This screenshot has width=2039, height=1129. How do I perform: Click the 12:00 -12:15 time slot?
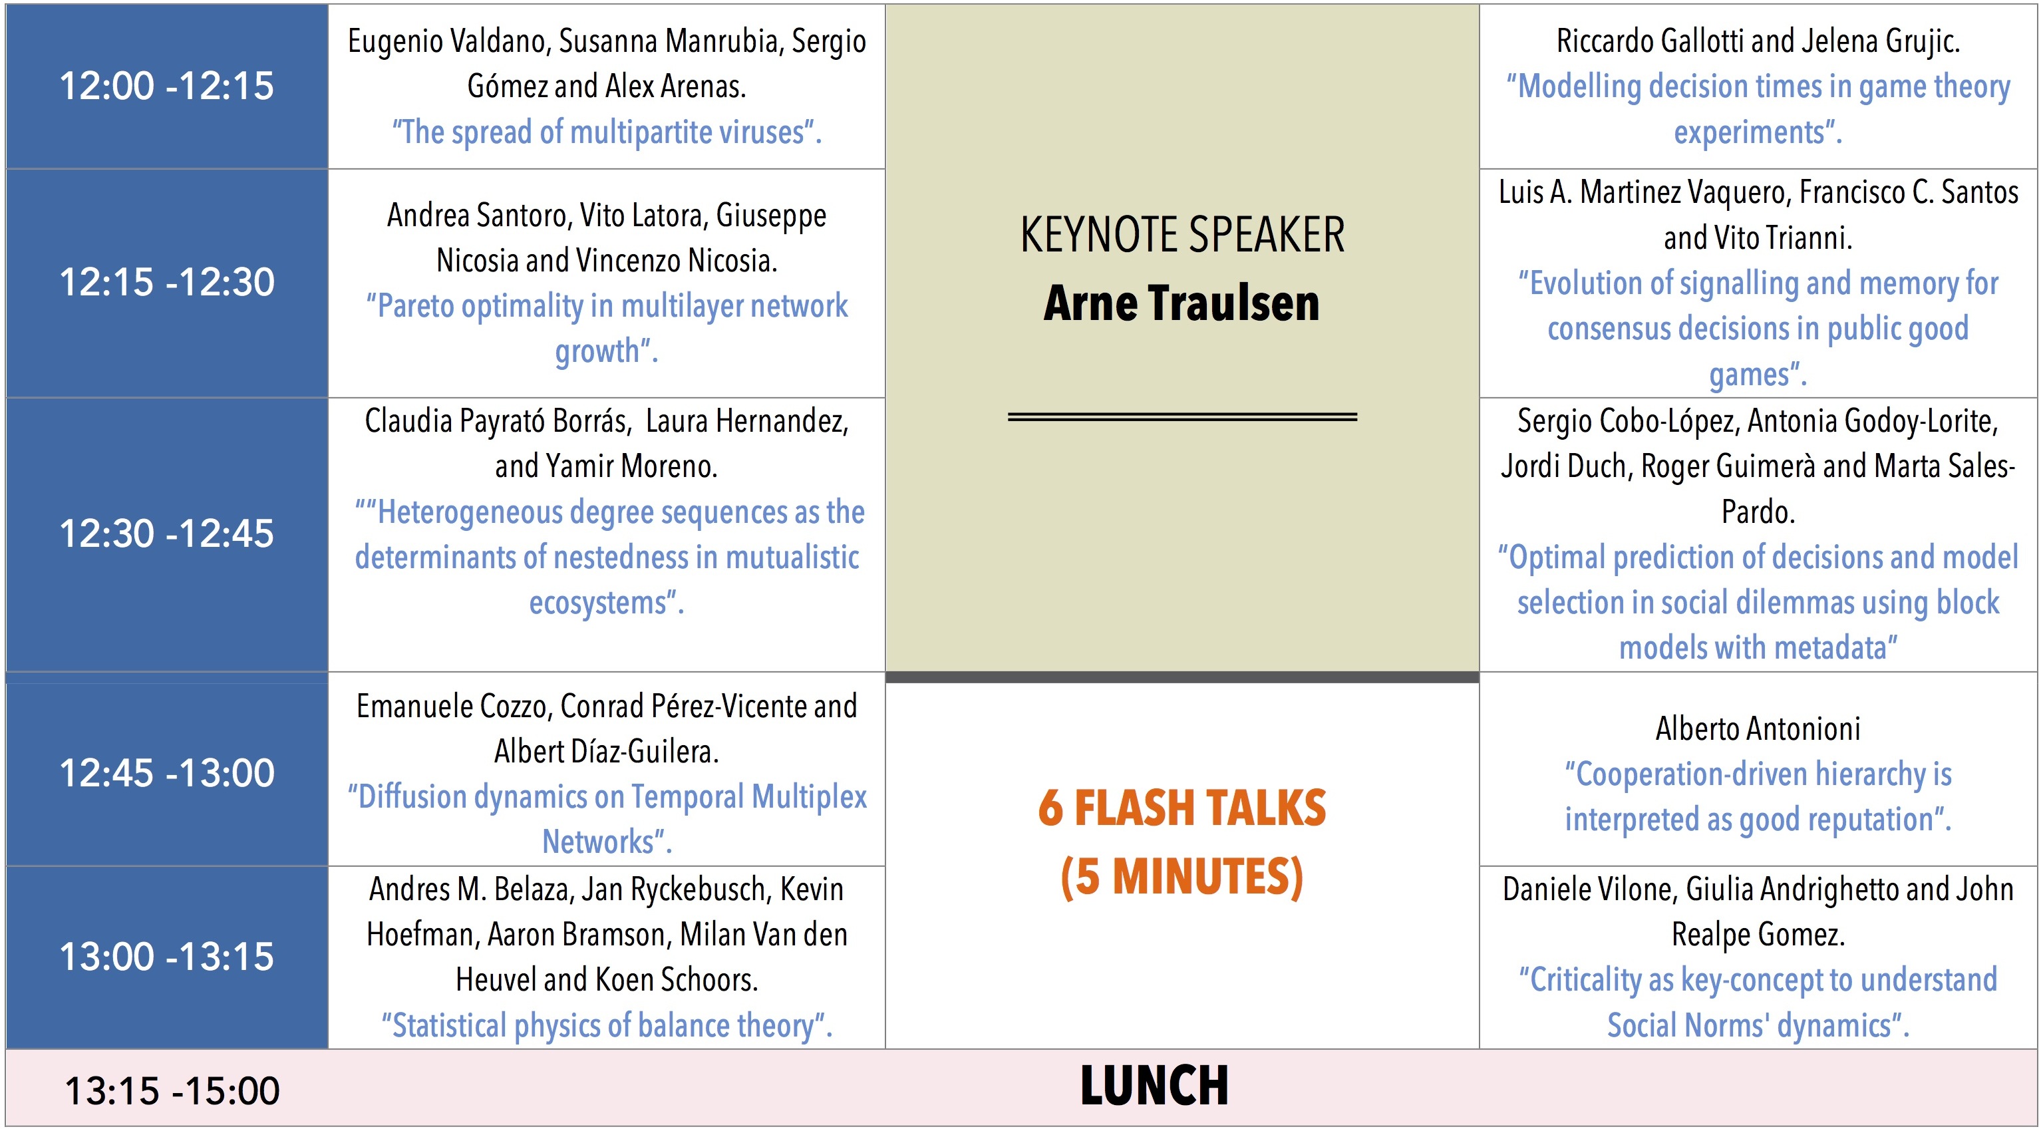click(167, 86)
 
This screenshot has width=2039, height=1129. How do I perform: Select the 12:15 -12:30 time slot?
click(167, 282)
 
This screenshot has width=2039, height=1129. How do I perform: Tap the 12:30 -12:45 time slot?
click(167, 533)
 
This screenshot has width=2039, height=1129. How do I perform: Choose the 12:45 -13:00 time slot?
click(167, 772)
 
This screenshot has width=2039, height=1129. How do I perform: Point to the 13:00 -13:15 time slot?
click(167, 957)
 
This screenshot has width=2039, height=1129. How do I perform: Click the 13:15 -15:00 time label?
click(172, 1090)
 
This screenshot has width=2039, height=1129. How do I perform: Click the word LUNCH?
click(1155, 1086)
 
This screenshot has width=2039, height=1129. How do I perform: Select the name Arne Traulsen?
click(1181, 303)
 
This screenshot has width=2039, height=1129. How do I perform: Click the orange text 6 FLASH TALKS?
click(1181, 808)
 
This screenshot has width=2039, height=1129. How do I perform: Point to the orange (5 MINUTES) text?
click(1181, 878)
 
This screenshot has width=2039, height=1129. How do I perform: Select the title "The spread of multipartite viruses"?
click(607, 132)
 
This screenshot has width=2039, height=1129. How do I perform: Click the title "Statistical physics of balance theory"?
click(607, 1025)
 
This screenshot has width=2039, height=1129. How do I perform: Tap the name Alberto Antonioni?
click(1758, 728)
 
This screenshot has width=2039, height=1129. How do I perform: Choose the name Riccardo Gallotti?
click(1647, 41)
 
